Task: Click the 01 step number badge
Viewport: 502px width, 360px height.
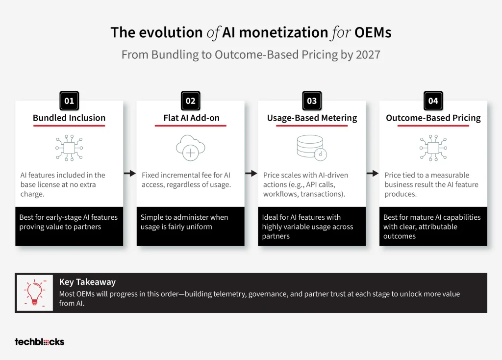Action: click(69, 101)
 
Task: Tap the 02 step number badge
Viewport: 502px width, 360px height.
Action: click(191, 101)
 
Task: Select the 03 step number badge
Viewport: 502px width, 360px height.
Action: click(312, 101)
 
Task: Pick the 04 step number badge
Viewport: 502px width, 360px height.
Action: click(433, 101)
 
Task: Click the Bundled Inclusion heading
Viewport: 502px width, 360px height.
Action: click(69, 118)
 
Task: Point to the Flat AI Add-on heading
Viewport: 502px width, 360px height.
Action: click(192, 118)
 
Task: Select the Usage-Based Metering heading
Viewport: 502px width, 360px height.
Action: click(312, 118)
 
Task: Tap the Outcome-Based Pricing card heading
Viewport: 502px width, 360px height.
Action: click(433, 118)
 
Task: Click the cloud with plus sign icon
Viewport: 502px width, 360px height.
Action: click(191, 148)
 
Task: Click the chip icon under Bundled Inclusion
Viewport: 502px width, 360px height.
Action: click(69, 148)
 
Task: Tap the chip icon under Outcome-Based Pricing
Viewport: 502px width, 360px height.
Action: click(433, 148)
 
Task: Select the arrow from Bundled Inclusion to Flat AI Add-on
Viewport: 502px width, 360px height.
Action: click(129, 173)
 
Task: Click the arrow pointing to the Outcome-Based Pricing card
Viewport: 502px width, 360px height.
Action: click(373, 173)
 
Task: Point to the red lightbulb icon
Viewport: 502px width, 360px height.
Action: click(35, 293)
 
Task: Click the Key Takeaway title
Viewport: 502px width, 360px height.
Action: click(87, 282)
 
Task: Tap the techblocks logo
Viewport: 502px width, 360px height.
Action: click(39, 342)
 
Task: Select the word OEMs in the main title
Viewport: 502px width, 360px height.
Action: click(373, 32)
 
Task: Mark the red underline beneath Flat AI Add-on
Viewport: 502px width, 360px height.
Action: click(191, 126)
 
